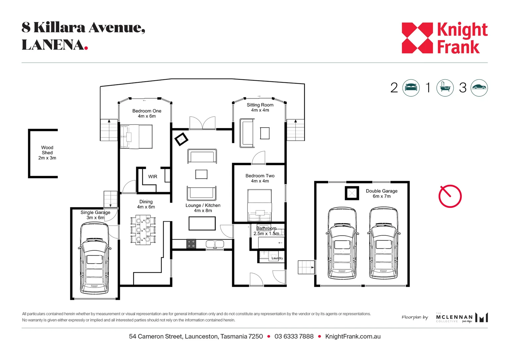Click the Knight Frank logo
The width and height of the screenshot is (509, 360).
444,38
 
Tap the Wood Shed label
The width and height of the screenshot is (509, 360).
47,153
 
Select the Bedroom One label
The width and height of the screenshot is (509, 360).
147,113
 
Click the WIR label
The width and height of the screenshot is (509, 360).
153,177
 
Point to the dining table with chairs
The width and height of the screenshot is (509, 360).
143,230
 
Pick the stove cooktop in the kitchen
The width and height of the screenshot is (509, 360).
191,244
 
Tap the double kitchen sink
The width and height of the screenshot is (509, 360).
215,244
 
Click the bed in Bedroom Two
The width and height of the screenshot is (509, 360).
260,205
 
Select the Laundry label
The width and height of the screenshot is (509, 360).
277,258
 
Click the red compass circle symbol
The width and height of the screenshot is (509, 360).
450,196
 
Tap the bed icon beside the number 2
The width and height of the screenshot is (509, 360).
411,88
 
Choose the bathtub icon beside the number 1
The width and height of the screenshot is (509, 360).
445,88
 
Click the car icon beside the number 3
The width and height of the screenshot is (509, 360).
479,88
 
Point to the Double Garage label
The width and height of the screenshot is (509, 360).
382,194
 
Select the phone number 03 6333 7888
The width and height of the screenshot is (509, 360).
294,337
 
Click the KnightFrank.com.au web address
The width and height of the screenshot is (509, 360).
353,337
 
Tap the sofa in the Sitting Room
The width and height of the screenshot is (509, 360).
247,133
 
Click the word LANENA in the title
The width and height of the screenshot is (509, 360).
53,45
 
